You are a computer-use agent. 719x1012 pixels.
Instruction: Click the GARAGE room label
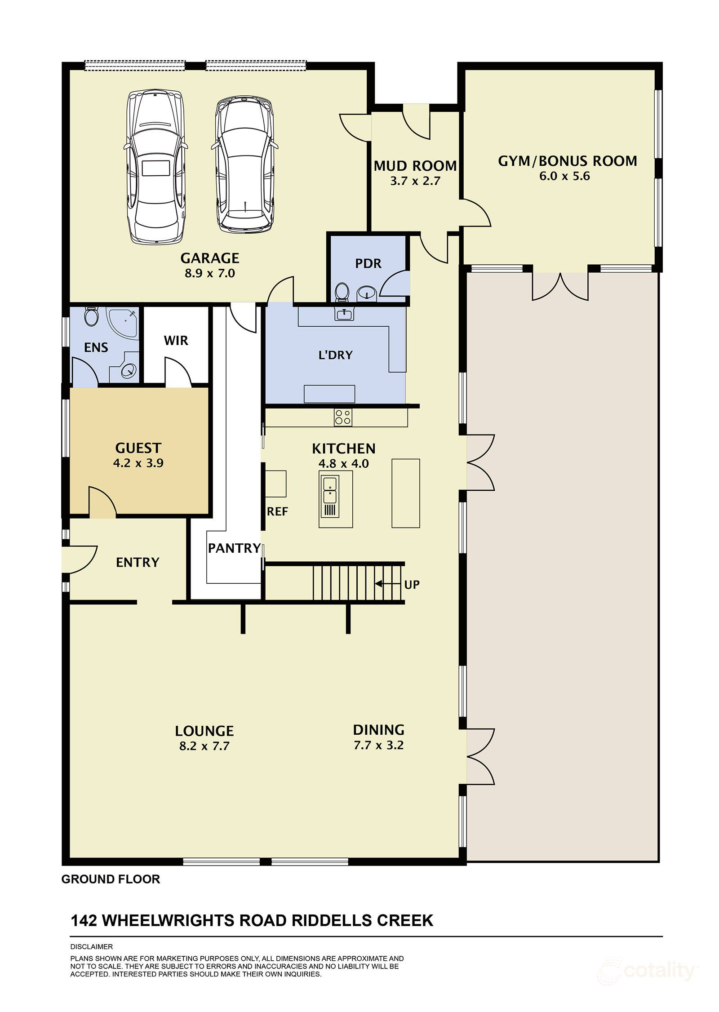tap(210, 258)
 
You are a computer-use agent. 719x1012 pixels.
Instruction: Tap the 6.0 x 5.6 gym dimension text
tap(564, 176)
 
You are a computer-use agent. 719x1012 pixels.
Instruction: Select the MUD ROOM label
tap(415, 166)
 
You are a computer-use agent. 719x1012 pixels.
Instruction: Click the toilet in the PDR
tap(342, 292)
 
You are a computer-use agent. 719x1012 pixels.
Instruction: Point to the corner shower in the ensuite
tap(122, 322)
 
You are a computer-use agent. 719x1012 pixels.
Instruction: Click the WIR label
tap(176, 341)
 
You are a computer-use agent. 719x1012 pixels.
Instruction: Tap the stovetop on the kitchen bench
tap(343, 417)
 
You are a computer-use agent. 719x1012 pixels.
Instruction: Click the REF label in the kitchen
tap(277, 511)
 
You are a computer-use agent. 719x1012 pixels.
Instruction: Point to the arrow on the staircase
tap(388, 584)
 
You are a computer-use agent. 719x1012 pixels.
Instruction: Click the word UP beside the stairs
tap(412, 585)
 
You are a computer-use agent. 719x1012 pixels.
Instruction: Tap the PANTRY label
tap(234, 548)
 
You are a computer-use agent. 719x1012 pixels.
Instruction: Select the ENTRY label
tap(138, 562)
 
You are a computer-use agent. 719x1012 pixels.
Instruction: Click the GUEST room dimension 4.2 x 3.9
tap(138, 463)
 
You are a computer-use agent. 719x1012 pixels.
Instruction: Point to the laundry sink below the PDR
tap(344, 313)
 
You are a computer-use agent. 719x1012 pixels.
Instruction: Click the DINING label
tap(378, 730)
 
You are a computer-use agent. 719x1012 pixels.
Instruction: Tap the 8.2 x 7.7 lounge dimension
tap(204, 746)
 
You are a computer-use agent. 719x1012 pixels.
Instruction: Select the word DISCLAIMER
tap(92, 946)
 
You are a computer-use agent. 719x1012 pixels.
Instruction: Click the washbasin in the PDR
tap(367, 293)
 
